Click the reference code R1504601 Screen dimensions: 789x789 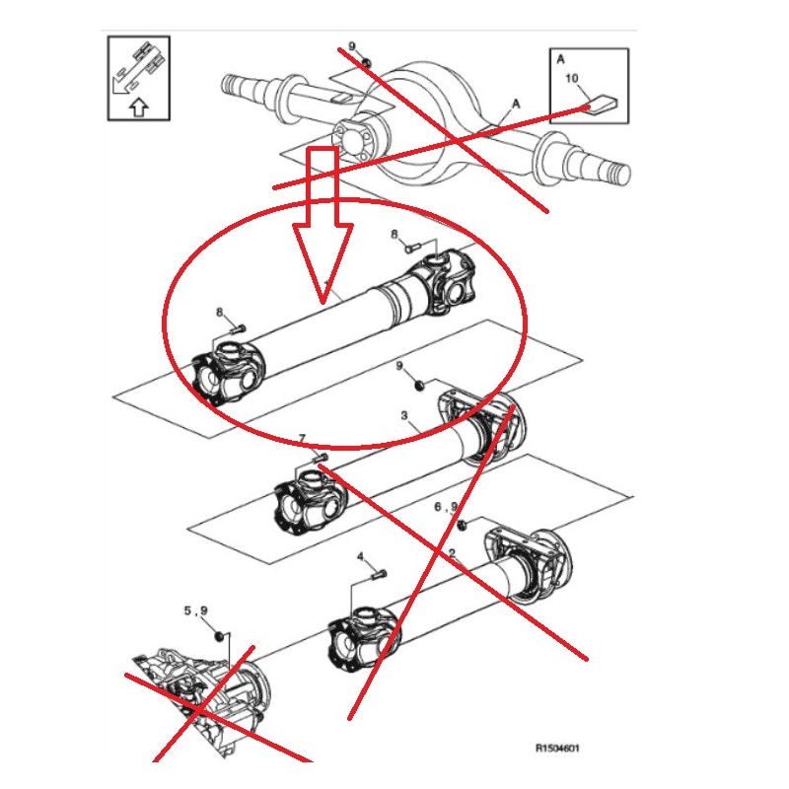[557, 749]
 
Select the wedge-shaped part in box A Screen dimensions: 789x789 [601, 102]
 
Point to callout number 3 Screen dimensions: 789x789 [403, 417]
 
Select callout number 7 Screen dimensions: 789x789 [302, 438]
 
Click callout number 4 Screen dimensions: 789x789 [361, 557]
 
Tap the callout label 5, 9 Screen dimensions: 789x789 [195, 610]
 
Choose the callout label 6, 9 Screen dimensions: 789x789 [447, 507]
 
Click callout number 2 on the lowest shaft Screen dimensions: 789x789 [451, 554]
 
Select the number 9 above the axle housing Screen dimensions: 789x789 [351, 46]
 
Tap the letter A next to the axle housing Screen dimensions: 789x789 [515, 103]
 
